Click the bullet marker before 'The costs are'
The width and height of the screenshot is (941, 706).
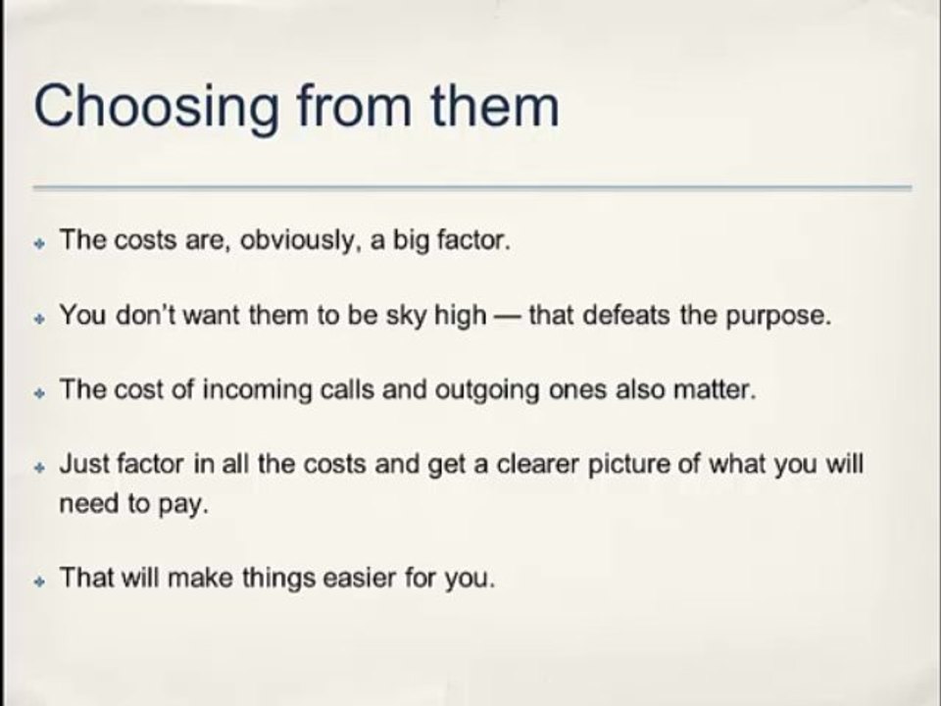click(40, 244)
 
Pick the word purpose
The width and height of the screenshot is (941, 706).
click(779, 317)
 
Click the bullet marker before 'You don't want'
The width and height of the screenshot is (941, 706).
click(40, 319)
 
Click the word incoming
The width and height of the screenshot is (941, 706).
click(257, 391)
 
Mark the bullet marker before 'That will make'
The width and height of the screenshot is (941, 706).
click(40, 581)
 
